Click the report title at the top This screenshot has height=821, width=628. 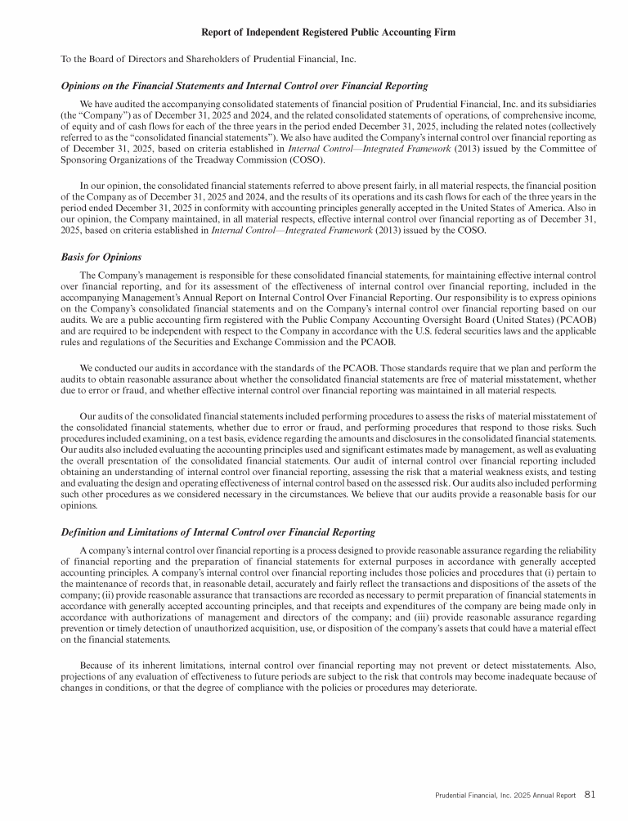point(327,32)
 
